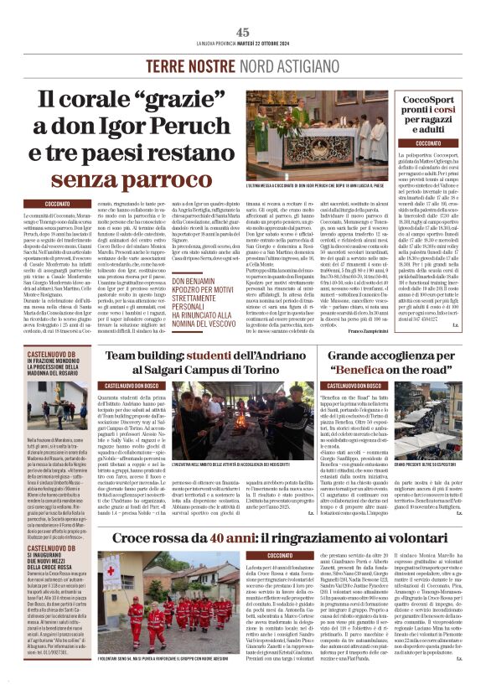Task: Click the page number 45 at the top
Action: point(243,32)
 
